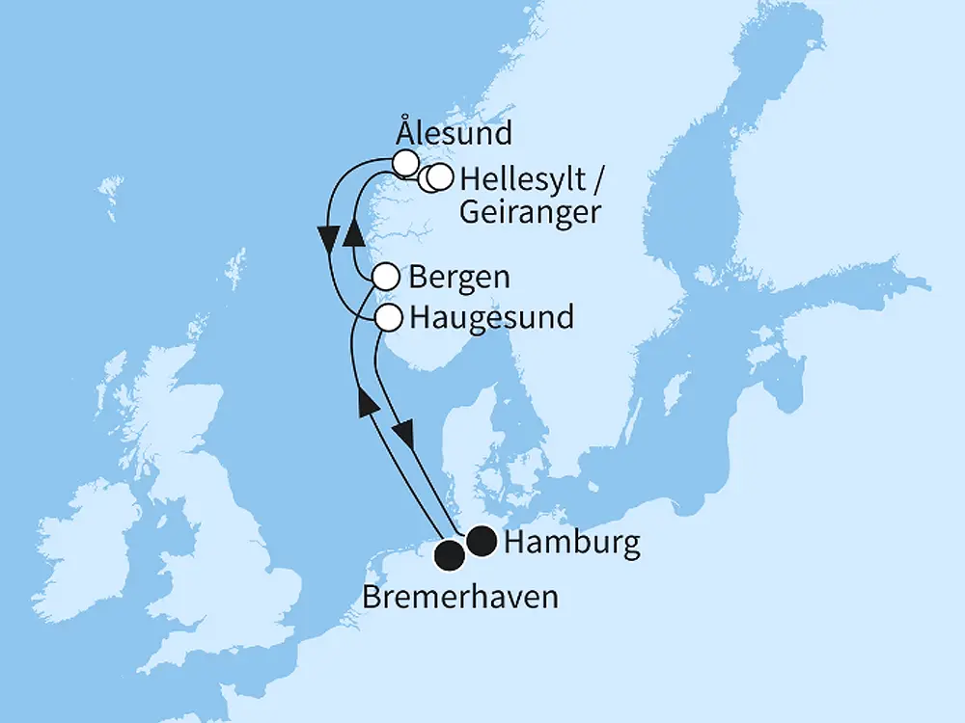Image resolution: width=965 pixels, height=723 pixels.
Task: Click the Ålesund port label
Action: (x=453, y=132)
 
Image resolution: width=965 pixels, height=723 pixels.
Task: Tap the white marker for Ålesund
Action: (x=405, y=162)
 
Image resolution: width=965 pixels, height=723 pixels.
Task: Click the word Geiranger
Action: (x=529, y=213)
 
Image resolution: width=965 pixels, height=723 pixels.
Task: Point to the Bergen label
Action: (x=459, y=278)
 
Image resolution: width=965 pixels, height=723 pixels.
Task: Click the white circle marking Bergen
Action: (x=385, y=278)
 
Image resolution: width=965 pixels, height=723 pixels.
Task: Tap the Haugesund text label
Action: (x=491, y=316)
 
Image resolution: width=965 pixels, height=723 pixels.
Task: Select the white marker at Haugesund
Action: (x=388, y=317)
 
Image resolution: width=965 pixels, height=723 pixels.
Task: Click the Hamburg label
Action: (x=572, y=544)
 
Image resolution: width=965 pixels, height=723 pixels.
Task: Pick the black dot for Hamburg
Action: (x=482, y=543)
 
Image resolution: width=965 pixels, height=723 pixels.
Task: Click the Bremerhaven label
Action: (x=460, y=598)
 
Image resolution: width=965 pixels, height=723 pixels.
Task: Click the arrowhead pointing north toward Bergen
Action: (x=367, y=402)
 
